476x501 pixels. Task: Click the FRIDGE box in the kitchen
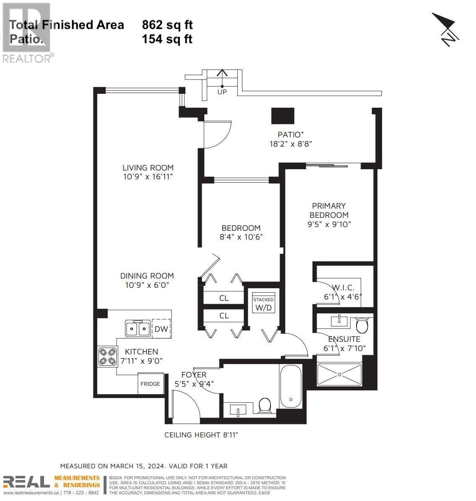tap(151, 383)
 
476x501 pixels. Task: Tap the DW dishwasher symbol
tap(161, 329)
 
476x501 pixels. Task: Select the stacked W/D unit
tap(263, 302)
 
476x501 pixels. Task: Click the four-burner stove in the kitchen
tap(107, 356)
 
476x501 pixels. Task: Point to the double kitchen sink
tap(138, 328)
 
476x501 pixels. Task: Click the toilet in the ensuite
tap(362, 325)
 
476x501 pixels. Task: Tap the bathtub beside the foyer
tap(291, 386)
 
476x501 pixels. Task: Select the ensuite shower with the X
tap(339, 374)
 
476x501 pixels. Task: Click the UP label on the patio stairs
tap(222, 92)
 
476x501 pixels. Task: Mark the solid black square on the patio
tap(283, 116)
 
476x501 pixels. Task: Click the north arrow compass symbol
tap(446, 29)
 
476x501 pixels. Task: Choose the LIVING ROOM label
tap(148, 168)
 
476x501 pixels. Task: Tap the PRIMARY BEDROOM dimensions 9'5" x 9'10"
tap(329, 224)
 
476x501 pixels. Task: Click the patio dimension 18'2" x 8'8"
tap(291, 144)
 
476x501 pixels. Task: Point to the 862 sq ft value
tap(167, 25)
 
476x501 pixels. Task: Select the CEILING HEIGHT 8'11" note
tap(201, 435)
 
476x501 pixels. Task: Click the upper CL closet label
tap(224, 298)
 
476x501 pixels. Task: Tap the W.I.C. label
tap(343, 287)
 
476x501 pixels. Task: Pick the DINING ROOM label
tap(147, 276)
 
